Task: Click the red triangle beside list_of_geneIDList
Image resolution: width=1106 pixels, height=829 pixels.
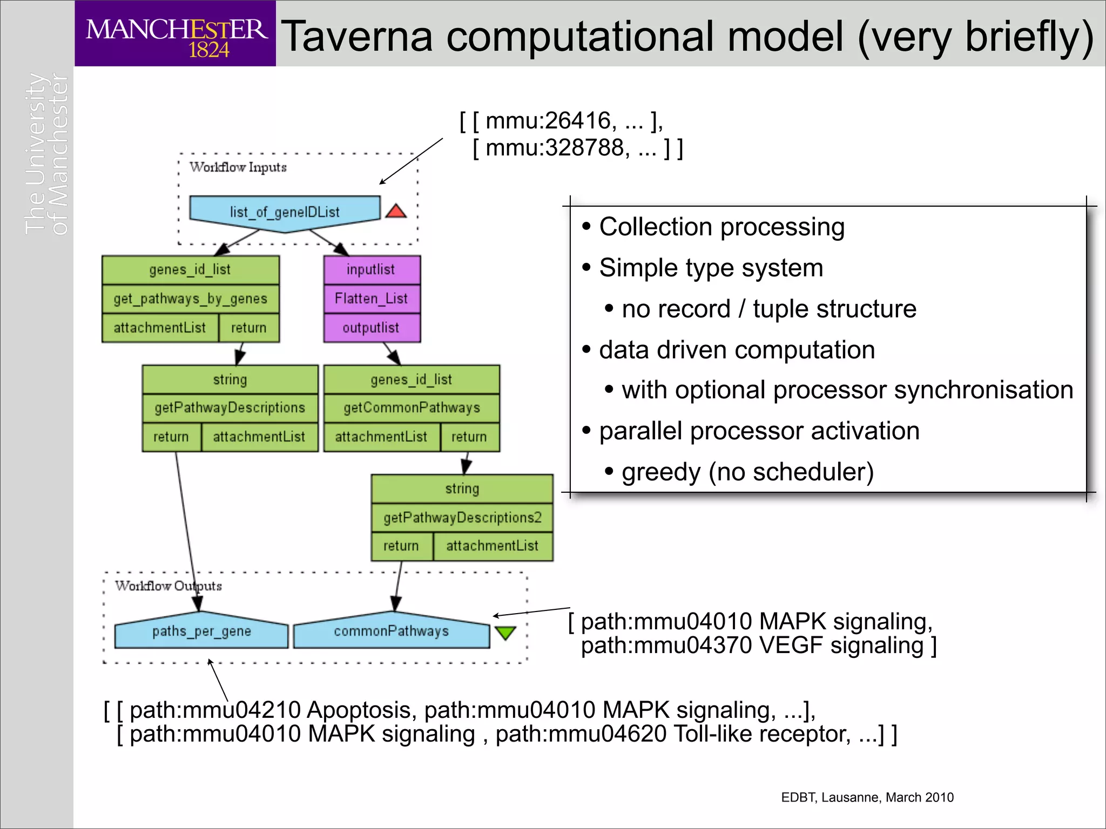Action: pyautogui.click(x=396, y=212)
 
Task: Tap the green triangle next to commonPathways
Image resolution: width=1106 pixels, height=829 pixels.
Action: pyautogui.click(x=505, y=632)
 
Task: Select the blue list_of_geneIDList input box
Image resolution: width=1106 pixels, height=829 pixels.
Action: pyautogui.click(x=285, y=212)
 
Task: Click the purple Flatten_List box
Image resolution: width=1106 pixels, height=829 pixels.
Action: pyautogui.click(x=372, y=298)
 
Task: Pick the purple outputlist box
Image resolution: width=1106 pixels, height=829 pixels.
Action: pyautogui.click(x=372, y=328)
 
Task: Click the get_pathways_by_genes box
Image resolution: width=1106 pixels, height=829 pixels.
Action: pyautogui.click(x=190, y=298)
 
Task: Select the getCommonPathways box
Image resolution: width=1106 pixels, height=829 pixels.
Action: pyautogui.click(x=412, y=407)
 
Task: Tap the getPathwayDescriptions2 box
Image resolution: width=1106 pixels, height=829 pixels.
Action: pyautogui.click(x=462, y=518)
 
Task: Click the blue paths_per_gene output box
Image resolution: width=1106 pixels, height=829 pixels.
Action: pyautogui.click(x=201, y=631)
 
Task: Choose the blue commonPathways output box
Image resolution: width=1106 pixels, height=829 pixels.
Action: pyautogui.click(x=391, y=631)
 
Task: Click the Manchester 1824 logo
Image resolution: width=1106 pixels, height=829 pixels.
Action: pyautogui.click(x=176, y=33)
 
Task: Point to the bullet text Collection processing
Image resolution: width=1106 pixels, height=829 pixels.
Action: pyautogui.click(x=721, y=227)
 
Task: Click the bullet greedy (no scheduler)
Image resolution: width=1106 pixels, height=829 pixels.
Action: pyautogui.click(x=747, y=472)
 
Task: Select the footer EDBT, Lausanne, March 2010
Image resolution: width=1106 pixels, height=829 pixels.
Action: pyautogui.click(x=867, y=797)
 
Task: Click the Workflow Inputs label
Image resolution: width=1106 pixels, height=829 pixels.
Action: pyautogui.click(x=238, y=167)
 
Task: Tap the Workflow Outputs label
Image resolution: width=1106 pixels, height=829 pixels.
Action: pyautogui.click(x=168, y=586)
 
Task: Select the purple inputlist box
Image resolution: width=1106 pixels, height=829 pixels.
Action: pyautogui.click(x=372, y=269)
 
